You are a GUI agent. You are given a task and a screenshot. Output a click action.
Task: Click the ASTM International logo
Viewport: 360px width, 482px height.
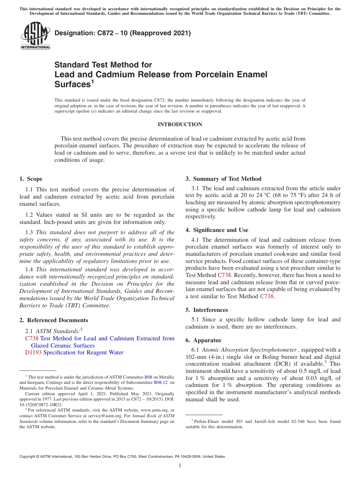[35, 36]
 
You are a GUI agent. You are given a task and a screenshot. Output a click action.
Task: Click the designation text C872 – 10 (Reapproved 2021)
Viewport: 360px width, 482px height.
[122, 33]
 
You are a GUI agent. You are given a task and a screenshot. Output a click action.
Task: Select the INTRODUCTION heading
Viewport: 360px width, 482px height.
[180, 124]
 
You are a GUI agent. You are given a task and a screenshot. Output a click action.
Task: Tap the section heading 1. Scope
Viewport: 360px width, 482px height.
[31, 179]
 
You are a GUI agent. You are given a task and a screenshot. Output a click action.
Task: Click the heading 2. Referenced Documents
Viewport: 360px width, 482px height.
[53, 320]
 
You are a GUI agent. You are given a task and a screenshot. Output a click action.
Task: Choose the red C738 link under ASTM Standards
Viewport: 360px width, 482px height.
[31, 338]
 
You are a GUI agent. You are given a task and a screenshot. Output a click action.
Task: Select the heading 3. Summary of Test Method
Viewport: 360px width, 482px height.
[223, 179]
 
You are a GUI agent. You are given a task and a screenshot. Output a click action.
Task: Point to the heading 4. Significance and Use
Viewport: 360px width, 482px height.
[217, 230]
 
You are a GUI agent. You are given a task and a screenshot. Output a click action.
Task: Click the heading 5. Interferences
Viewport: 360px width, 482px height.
[207, 310]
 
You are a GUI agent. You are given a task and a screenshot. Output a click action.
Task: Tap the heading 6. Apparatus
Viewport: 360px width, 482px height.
[203, 340]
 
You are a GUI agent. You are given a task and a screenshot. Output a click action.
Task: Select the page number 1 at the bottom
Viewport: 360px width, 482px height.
[180, 465]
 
